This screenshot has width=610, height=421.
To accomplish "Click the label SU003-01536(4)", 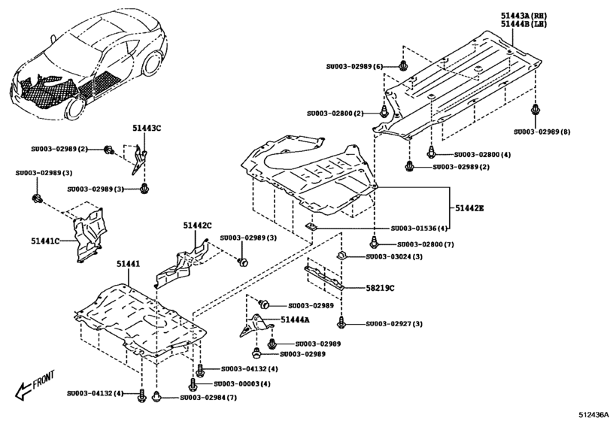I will click(419, 228).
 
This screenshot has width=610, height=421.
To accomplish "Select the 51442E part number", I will click(468, 207).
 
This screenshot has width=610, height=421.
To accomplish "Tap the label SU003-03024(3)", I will click(393, 257).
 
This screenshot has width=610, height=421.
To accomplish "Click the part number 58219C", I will click(381, 288).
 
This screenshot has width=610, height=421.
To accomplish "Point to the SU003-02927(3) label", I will click(394, 323).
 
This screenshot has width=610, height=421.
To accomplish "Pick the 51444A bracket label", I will click(296, 320).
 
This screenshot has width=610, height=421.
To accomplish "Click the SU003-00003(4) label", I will click(244, 383).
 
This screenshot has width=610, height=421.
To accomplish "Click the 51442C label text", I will click(197, 225).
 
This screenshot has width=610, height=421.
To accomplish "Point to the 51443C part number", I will click(147, 129).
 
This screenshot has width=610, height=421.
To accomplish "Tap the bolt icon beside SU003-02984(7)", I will click(156, 396).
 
